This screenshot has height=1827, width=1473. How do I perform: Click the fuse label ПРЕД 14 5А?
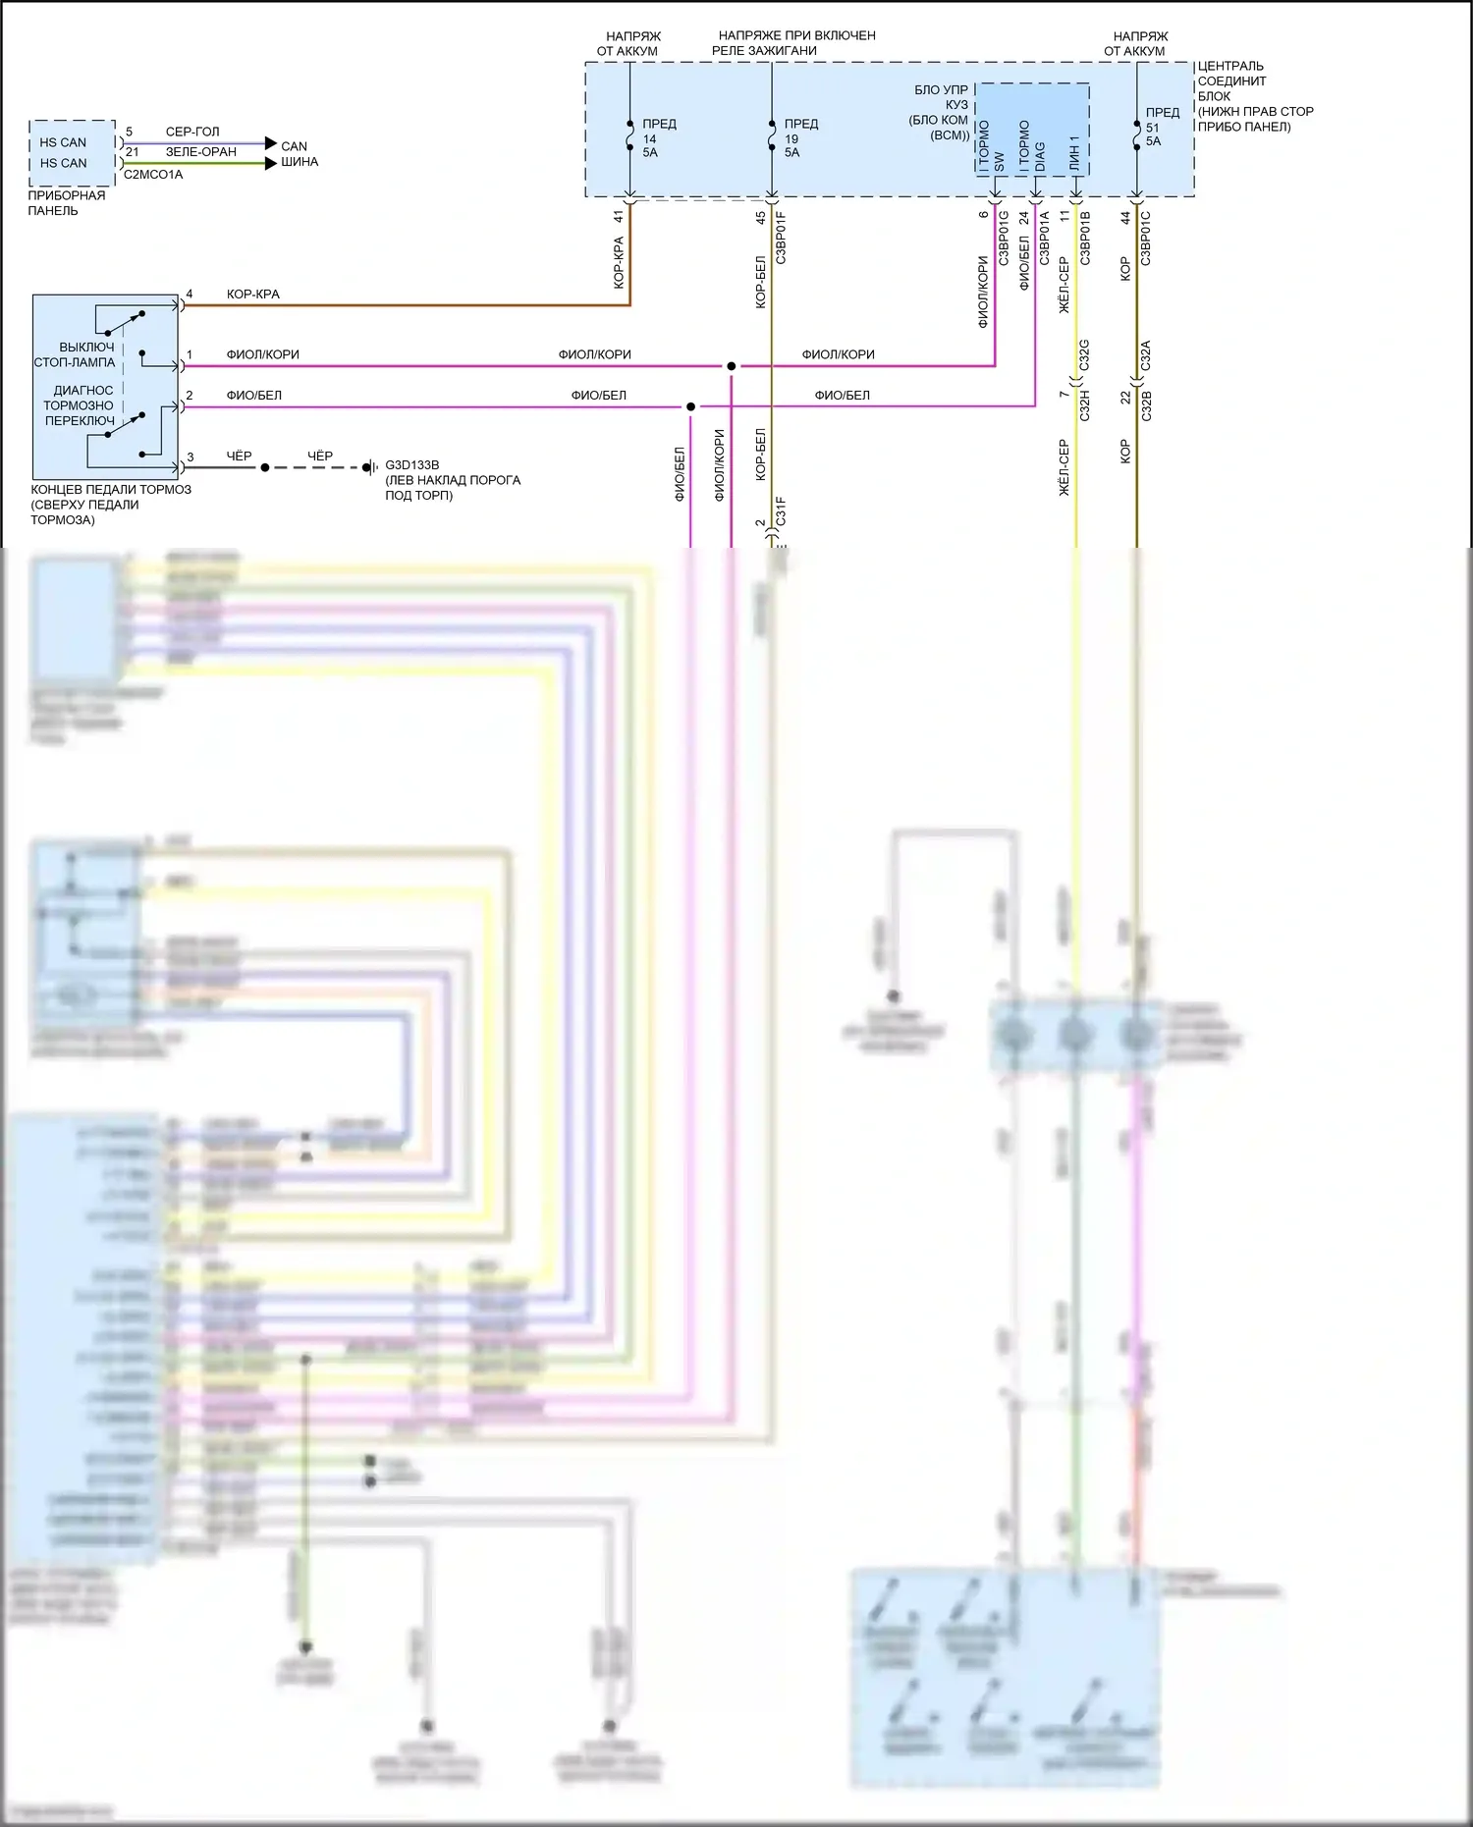coord(658,138)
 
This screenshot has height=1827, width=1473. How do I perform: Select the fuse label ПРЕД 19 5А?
coord(799,138)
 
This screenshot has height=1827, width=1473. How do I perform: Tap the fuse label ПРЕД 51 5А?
coord(1161,127)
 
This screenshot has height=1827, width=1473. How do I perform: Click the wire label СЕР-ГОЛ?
coord(192,132)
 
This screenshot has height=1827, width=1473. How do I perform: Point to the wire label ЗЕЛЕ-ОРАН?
coord(201,152)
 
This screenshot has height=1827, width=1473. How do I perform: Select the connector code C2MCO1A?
coord(153,175)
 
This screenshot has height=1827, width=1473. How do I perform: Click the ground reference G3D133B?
coord(411,465)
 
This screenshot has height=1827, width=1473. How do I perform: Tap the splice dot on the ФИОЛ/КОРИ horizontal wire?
coord(731,366)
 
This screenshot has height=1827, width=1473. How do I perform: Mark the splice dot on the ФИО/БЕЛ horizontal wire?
coord(690,406)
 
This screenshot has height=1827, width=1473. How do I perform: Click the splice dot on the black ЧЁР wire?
coord(265,467)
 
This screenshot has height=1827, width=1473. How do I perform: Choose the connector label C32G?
coord(1084,355)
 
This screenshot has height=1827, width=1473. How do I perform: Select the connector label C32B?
coord(1146,405)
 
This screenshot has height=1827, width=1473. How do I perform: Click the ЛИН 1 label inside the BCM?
coord(1074,153)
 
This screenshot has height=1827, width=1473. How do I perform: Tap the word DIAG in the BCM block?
coord(1039,157)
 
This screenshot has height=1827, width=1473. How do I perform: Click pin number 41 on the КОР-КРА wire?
coord(619,216)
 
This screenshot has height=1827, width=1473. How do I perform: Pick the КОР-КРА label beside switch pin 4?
coord(252,295)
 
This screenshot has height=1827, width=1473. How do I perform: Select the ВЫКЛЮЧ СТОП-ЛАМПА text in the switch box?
coord(77,354)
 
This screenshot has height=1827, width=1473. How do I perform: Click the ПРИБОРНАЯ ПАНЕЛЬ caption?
coord(66,203)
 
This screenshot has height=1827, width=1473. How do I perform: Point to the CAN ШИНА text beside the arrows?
coord(298,154)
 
